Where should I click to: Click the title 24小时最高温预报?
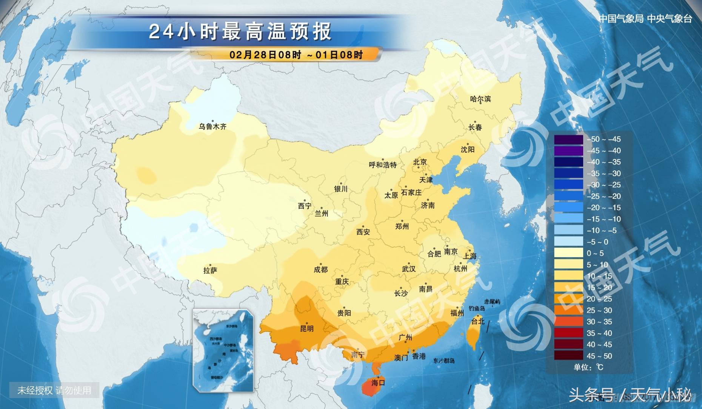pyautogui.click(x=240, y=31)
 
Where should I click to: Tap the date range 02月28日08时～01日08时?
pyautogui.click(x=296, y=55)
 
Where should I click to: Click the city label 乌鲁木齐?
pyautogui.click(x=212, y=127)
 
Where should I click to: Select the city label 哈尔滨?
pyautogui.click(x=480, y=99)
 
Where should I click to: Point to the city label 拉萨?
pyautogui.click(x=210, y=271)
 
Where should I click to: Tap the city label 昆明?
pyautogui.click(x=306, y=329)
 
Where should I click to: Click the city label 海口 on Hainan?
pyautogui.click(x=378, y=383)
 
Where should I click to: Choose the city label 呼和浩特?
pyautogui.click(x=383, y=165)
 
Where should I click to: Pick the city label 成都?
pyautogui.click(x=320, y=270)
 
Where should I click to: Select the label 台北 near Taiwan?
pyautogui.click(x=478, y=322)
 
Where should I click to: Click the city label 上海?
pyautogui.click(x=470, y=256)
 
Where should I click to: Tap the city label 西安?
pyautogui.click(x=363, y=232)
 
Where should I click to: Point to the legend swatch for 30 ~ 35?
pyautogui.click(x=569, y=322)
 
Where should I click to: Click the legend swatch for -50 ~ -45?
pyautogui.click(x=569, y=139)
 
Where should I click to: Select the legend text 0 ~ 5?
pyautogui.click(x=595, y=253)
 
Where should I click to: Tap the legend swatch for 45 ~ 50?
pyautogui.click(x=569, y=356)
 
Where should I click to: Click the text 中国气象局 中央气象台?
pyautogui.click(x=645, y=19)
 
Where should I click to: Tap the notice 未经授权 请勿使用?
pyautogui.click(x=54, y=391)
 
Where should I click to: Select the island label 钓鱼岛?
pyautogui.click(x=477, y=309)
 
